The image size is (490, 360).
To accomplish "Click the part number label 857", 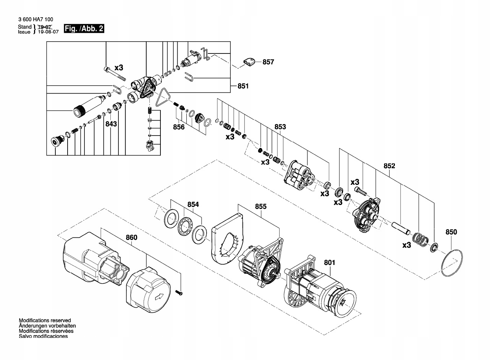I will click(268, 62).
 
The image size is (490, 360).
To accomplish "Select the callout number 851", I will click(243, 86).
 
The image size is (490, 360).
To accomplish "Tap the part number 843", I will click(111, 124).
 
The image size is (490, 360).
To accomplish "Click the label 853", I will click(280, 126).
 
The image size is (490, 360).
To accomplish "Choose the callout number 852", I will click(389, 166).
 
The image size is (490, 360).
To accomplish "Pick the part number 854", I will click(193, 205).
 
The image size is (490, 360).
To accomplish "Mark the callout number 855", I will click(261, 207).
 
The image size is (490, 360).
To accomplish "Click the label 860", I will click(131, 237).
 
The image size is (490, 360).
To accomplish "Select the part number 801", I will click(330, 263).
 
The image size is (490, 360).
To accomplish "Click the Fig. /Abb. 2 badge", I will click(84, 29).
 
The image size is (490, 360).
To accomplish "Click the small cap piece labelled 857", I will click(249, 62).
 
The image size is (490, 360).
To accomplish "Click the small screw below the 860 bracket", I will click(180, 293).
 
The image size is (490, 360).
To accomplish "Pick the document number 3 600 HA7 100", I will click(36, 19).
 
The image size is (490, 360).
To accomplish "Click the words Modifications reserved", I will click(45, 320).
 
